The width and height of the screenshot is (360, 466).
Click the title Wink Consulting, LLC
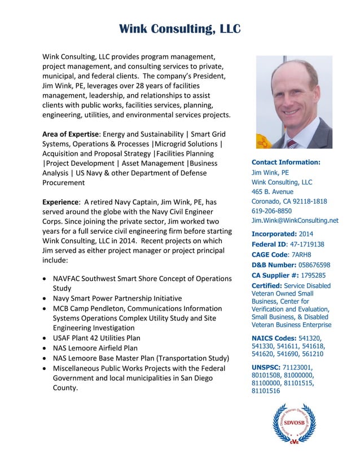180,29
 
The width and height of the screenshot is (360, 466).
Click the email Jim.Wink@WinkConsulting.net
295,220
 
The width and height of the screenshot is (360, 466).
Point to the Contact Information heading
286,162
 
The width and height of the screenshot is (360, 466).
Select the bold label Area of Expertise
71,134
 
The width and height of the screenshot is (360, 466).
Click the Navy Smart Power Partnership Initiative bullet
117,298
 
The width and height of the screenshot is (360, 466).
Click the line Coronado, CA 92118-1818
289,201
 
